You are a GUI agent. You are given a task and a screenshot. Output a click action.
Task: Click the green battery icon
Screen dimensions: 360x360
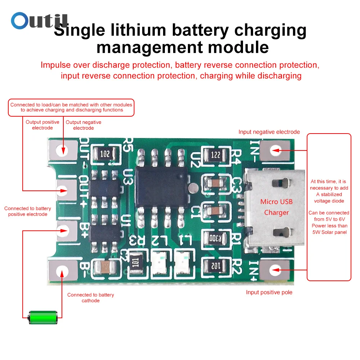[43, 317]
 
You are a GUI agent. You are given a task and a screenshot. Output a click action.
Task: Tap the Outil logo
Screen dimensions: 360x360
[39, 21]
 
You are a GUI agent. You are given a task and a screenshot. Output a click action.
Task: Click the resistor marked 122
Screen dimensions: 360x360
[216, 155]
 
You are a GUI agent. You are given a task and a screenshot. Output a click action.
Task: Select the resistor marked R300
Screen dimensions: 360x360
[216, 238]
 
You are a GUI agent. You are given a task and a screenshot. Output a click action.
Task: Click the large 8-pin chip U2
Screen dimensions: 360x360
[162, 186]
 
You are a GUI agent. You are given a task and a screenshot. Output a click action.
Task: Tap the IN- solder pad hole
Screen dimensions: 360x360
[275, 149]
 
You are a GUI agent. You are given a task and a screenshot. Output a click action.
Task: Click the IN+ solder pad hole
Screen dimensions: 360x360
[275, 269]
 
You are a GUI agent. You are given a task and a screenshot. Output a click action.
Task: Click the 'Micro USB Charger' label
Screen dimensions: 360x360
[276, 207]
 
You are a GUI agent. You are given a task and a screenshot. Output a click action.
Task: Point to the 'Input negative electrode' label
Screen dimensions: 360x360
[269, 132]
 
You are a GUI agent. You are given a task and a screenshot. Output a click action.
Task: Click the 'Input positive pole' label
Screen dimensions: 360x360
[269, 292]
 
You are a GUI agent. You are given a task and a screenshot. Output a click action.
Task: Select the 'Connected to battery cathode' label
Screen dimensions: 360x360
[90, 298]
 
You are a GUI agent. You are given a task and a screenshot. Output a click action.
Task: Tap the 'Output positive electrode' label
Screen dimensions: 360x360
[42, 125]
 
